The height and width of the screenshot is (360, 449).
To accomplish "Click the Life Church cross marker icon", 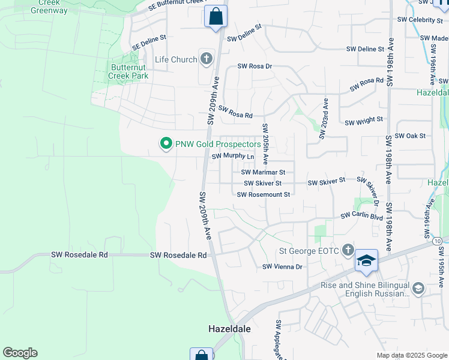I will pos(206,59).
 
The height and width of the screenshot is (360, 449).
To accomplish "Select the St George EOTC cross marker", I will pos(347,250).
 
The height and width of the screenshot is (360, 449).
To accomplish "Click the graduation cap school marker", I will pos(366,260).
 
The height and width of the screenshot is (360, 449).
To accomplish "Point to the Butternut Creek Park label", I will pos(128,72).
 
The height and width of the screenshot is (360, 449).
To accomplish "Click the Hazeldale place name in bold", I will pos(229,329).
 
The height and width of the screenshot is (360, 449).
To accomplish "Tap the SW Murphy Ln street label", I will pos(233,156).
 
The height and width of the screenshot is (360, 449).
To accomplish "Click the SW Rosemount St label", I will pos(264,194).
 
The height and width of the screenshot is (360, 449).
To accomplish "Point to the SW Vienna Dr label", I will pos(282,266).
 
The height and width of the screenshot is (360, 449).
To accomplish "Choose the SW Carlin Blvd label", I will pos(362,217).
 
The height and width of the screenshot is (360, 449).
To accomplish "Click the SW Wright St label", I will pos(364,121).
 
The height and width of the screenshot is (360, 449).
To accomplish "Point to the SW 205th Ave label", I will pos(265,142).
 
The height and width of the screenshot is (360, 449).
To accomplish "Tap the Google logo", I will pos(20,353).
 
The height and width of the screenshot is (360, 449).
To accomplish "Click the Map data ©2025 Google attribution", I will pos(411,355).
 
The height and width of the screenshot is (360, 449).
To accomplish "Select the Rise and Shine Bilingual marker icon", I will pos(418,289).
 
